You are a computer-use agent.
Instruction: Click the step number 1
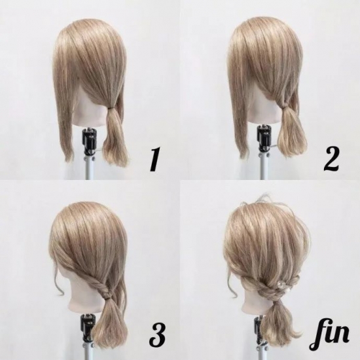tap(154, 159)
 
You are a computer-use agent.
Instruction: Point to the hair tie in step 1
tap(113, 107)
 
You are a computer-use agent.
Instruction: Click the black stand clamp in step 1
tap(88, 141)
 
